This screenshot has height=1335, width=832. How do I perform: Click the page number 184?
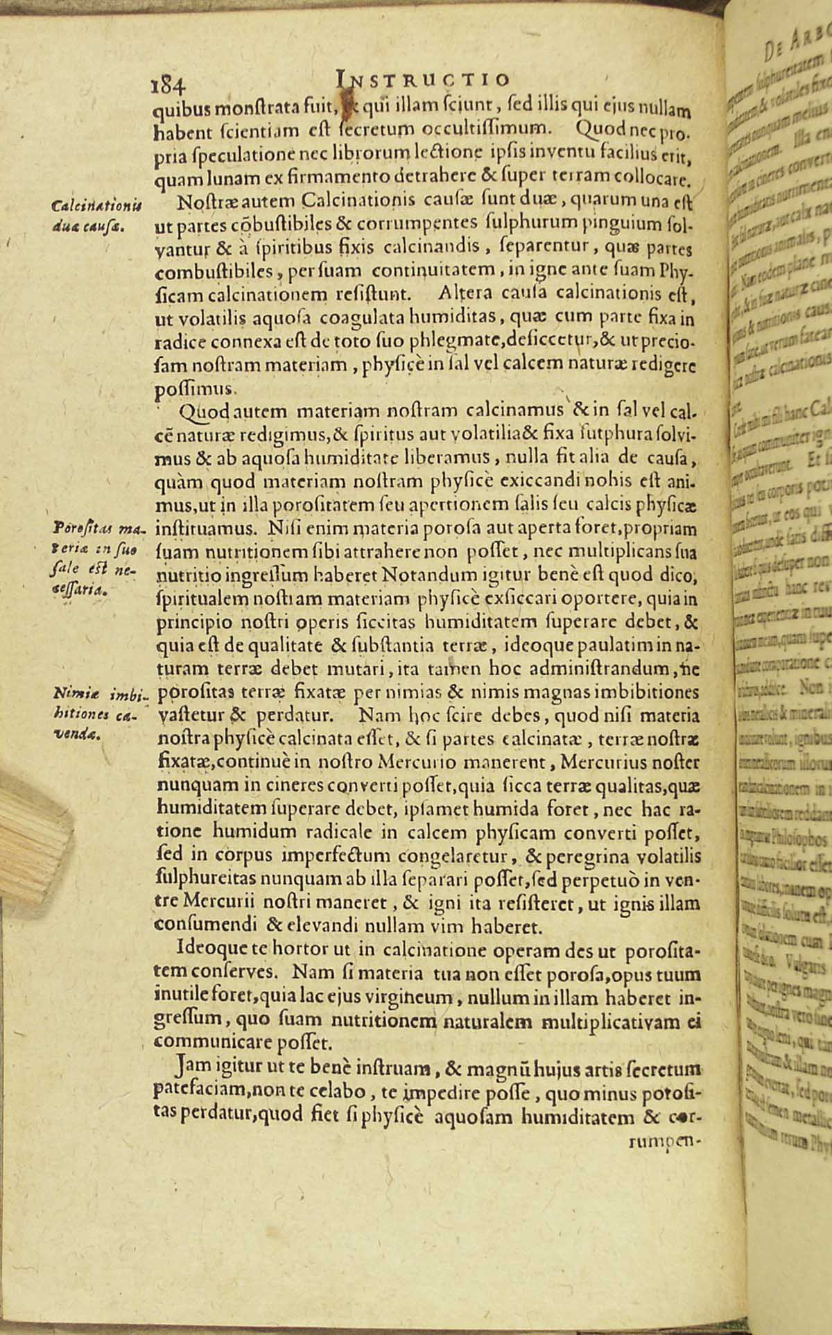[167, 84]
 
